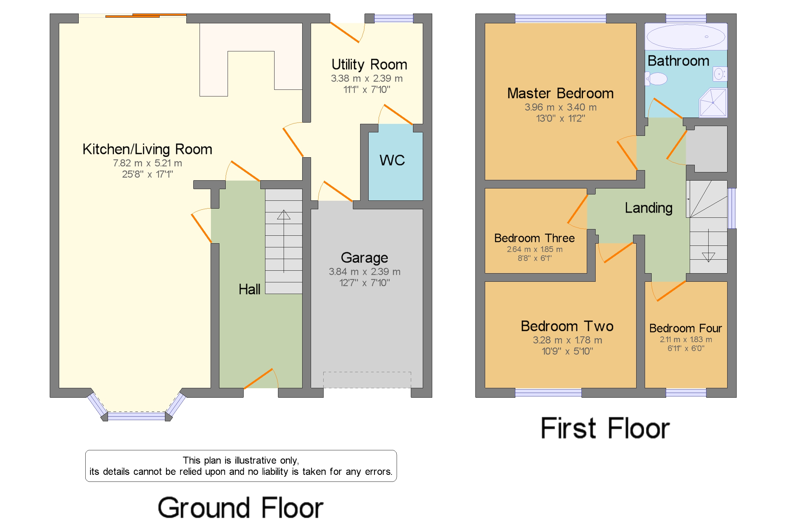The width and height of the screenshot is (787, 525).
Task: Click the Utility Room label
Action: (369, 65)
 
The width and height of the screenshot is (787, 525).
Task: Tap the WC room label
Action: (392, 160)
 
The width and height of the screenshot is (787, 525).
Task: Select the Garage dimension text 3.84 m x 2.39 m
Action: (364, 272)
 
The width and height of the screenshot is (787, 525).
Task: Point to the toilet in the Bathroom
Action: (656, 79)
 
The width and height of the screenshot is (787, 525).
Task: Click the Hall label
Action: (249, 289)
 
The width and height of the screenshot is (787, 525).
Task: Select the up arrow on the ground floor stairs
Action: (284, 215)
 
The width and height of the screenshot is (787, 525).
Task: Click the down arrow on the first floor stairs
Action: (708, 257)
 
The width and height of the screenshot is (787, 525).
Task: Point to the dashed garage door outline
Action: (367, 380)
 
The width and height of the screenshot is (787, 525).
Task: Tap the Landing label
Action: (648, 208)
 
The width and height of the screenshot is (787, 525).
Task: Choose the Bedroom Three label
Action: (534, 238)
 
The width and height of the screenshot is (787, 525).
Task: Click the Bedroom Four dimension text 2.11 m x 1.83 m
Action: (686, 339)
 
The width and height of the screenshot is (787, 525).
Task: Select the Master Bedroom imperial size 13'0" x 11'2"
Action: (560, 118)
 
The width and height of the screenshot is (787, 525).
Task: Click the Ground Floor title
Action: (240, 508)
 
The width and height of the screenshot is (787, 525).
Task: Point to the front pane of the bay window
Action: (136, 416)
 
